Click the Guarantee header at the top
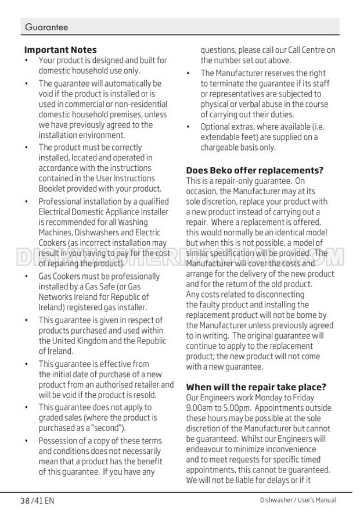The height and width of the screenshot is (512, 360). [46, 27]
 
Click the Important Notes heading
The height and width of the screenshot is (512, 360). [60, 50]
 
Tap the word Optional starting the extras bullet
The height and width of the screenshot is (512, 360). [216, 127]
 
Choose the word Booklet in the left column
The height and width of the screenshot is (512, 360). [53, 189]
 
